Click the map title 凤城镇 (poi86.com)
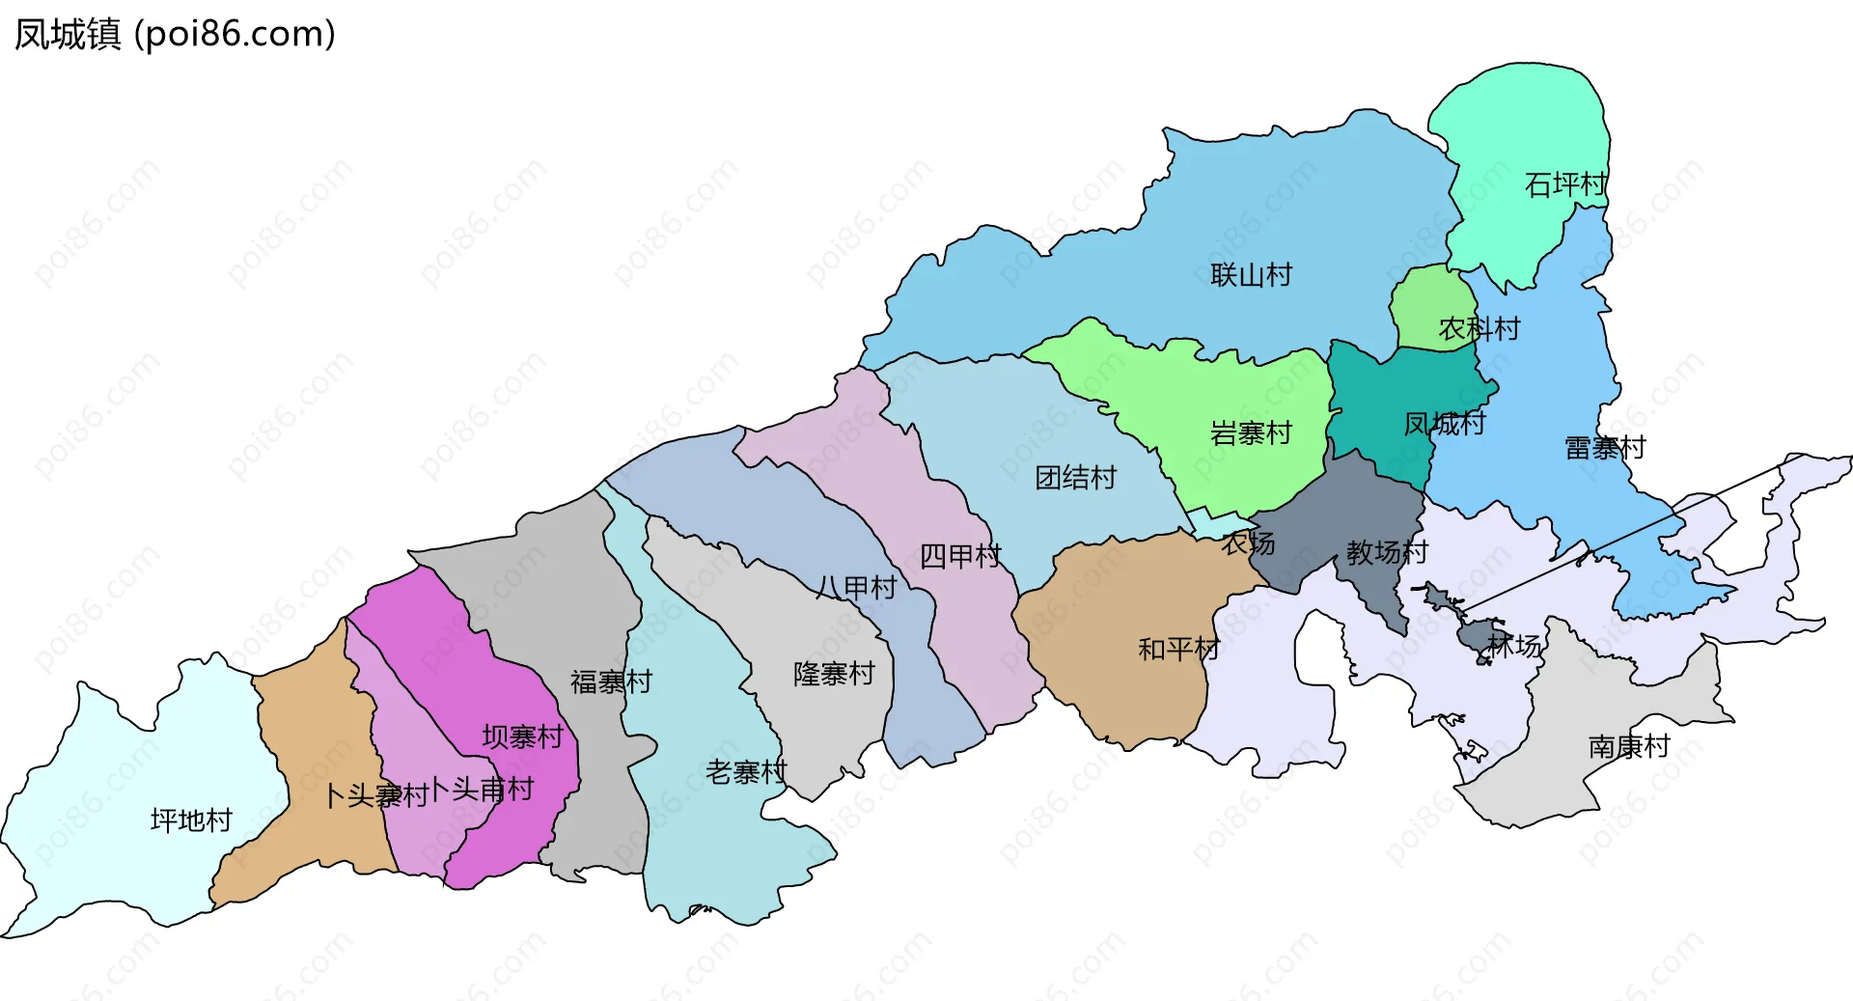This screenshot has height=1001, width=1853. point(175,34)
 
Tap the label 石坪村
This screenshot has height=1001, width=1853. point(1565,184)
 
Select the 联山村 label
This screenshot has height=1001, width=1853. point(1251,275)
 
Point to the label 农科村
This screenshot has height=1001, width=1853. point(1480,329)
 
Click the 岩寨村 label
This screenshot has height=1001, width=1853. point(1251,433)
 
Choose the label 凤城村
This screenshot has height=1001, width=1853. point(1444,424)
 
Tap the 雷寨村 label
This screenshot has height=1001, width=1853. point(1604,448)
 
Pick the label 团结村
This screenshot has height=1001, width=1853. point(1075,478)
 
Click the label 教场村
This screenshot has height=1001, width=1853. point(1387,553)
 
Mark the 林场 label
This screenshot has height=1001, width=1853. point(1514,646)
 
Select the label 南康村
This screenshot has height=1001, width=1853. point(1628,746)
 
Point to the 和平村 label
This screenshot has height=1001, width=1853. point(1178,649)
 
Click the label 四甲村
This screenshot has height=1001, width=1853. point(959,556)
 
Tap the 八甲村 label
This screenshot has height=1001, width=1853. point(856,588)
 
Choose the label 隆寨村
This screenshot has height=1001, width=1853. point(834,674)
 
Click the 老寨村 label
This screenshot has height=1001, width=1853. point(746,772)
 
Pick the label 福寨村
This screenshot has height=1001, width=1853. point(611,682)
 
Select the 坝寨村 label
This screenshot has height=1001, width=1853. point(522,737)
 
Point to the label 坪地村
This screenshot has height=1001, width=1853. point(191,820)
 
